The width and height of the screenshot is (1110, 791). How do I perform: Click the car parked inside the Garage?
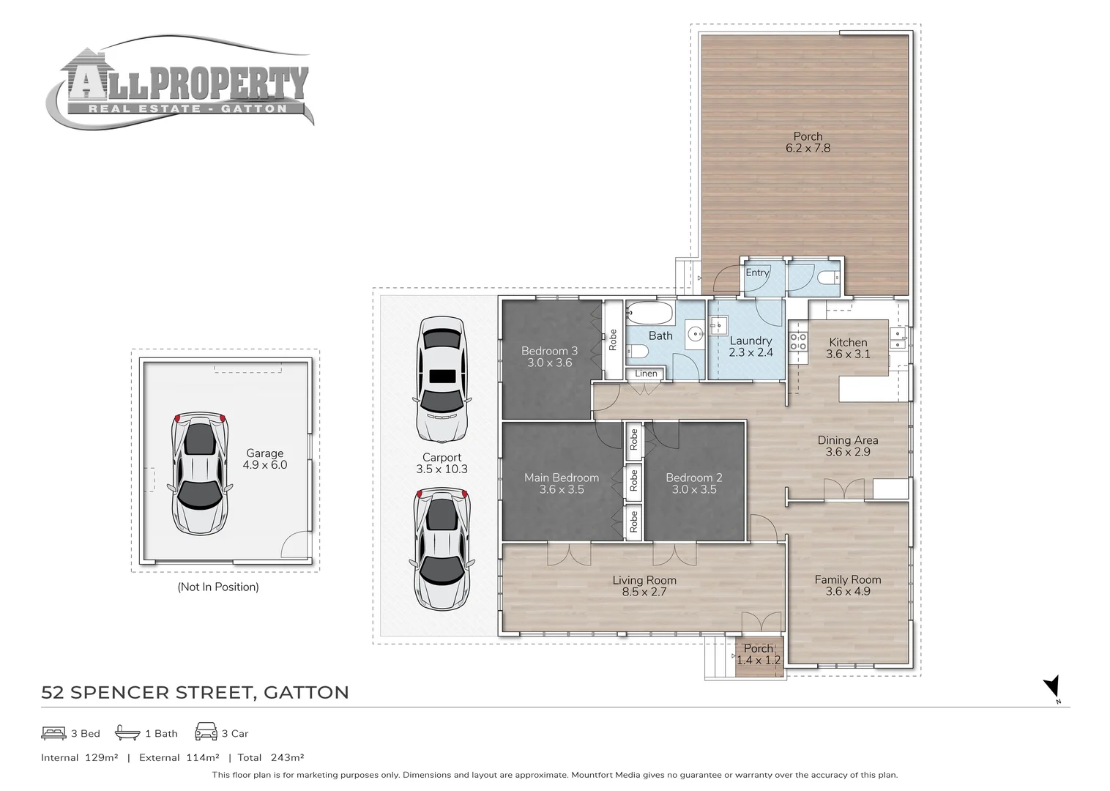coord(199,473)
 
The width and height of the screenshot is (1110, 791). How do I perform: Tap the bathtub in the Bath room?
coord(649,313)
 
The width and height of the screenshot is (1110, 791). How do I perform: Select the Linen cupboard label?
coord(646,374)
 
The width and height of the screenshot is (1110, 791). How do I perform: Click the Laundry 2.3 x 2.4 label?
coord(750,346)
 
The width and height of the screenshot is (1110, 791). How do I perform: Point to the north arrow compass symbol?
coord(1052,688)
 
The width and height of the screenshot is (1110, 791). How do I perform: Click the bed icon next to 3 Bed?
coord(53,733)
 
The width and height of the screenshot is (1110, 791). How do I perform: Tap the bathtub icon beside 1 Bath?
coord(127,732)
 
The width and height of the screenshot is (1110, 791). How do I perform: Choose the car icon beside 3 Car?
coord(206,732)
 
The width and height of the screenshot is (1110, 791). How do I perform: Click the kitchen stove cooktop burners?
coord(798,341)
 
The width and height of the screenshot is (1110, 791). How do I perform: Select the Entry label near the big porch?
coord(757,272)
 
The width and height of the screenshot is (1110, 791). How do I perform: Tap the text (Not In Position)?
coord(218,587)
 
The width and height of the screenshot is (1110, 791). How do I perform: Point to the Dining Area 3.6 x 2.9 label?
coord(847,445)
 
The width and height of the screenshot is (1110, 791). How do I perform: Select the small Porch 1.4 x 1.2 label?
coord(758,654)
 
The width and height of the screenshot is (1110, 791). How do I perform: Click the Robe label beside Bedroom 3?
coord(613,340)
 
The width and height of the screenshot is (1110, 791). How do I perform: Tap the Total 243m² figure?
coord(271,757)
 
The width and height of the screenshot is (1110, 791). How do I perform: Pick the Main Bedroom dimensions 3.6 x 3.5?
coord(562,489)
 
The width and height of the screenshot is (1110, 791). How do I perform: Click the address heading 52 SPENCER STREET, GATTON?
coord(195,692)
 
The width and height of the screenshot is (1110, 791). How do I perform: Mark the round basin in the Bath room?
coord(696,334)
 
